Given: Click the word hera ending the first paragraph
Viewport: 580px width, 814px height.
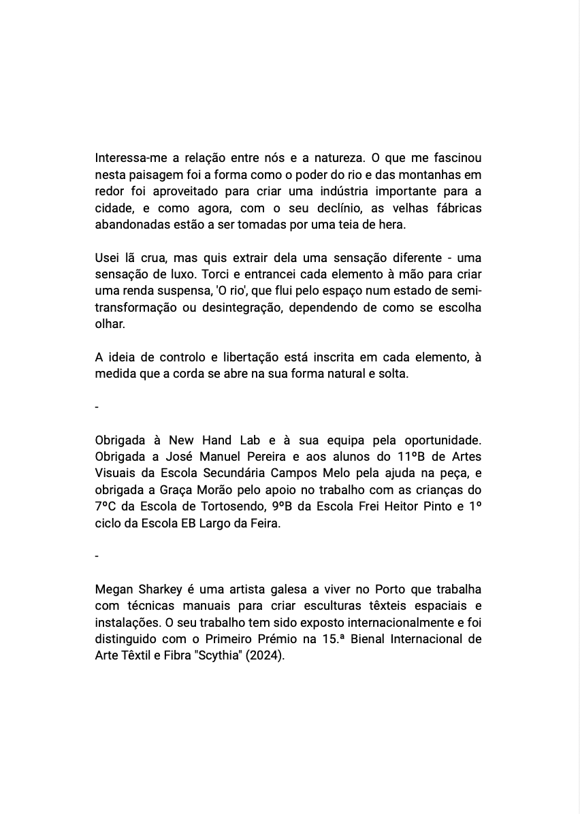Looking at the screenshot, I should (x=390, y=224).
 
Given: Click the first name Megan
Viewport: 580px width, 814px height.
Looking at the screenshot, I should (x=114, y=589).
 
